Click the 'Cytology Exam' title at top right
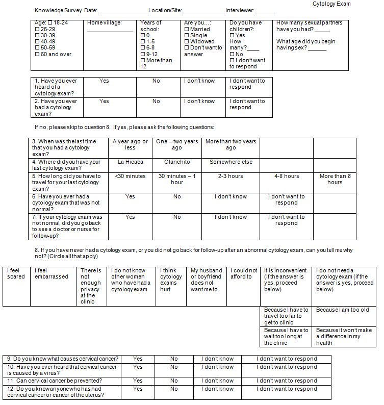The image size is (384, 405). click(331, 4)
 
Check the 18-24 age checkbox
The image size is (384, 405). click(50, 23)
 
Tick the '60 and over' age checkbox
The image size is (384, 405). click(37, 55)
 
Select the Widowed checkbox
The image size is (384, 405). click(187, 42)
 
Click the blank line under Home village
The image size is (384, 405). click(110, 31)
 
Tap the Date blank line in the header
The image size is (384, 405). click(122, 11)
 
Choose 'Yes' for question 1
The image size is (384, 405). click(104, 81)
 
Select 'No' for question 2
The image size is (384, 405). click(156, 101)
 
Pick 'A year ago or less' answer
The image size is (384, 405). click(130, 144)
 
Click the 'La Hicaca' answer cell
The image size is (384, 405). click(130, 162)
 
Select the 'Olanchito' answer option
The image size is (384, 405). click(176, 162)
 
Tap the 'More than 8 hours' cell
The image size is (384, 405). click(335, 179)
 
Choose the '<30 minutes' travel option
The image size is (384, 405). click(130, 176)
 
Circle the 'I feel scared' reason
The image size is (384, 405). click(16, 273)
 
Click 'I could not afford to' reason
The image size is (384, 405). click(242, 273)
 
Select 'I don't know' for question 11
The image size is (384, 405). click(217, 381)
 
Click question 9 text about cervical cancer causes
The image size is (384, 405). click(63, 359)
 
